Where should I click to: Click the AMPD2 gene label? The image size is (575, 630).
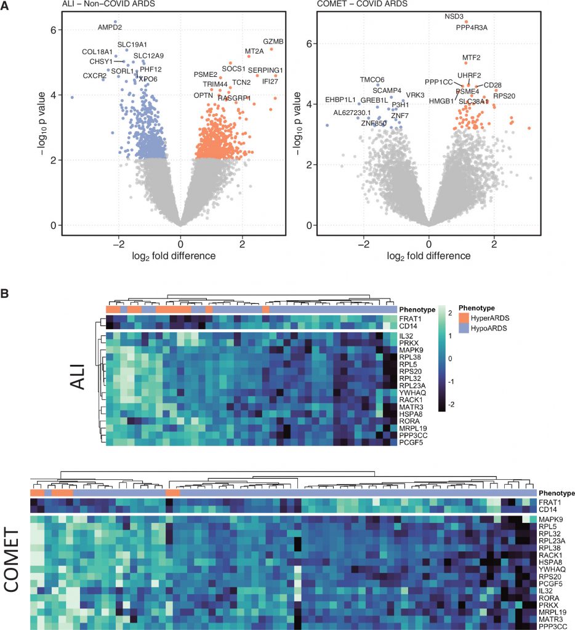tap(110, 27)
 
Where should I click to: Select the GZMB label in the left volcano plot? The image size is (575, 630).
tap(273, 42)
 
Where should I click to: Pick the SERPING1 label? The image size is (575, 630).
tap(265, 70)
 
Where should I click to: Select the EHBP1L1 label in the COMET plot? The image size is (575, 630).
tap(340, 100)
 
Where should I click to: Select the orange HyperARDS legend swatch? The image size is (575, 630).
tap(464, 317)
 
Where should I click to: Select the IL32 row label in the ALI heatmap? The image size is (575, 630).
tap(406, 336)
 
